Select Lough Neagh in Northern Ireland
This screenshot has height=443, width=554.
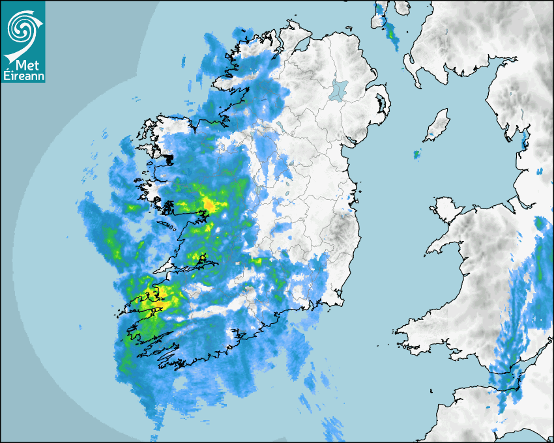point(340,89)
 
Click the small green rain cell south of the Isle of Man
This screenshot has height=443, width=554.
point(416,154)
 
